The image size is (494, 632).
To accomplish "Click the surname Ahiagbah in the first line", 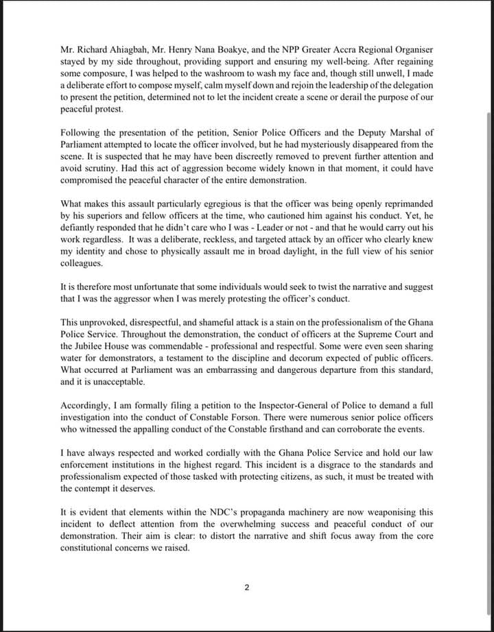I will [x=121, y=50].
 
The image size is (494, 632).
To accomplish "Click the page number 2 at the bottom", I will [x=246, y=587].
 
